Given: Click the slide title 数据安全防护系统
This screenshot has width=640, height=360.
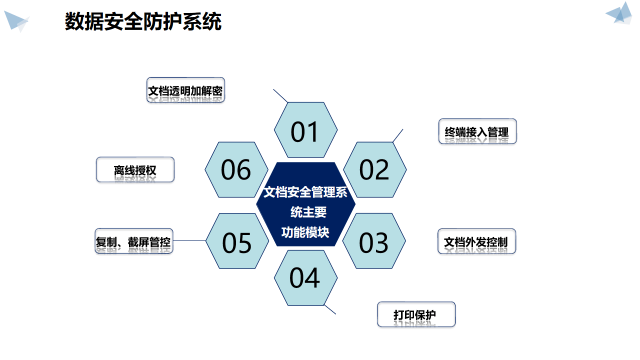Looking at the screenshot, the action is pyautogui.click(x=143, y=22).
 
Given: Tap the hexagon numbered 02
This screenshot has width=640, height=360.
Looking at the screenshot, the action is pyautogui.click(x=374, y=169).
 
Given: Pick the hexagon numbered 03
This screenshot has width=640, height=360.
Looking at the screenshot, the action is pyautogui.click(x=374, y=241).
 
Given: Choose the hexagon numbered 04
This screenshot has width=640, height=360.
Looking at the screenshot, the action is pyautogui.click(x=305, y=278).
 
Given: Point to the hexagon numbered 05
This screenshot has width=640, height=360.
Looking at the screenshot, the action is pyautogui.click(x=237, y=241).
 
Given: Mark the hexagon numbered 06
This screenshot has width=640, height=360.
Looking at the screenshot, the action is pyautogui.click(x=236, y=169).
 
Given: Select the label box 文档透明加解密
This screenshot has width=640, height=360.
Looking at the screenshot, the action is pyautogui.click(x=185, y=90).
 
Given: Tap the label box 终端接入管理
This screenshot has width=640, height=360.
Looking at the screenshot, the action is pyautogui.click(x=477, y=131).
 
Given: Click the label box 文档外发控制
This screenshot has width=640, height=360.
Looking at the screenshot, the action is pyautogui.click(x=476, y=241).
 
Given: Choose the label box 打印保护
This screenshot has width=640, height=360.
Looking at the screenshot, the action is pyautogui.click(x=416, y=314).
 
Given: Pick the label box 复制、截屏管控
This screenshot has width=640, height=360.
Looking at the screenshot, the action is pyautogui.click(x=134, y=241).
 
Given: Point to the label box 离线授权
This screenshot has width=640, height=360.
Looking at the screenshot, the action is pyautogui.click(x=135, y=169).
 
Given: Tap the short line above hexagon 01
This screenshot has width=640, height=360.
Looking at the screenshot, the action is pyautogui.click(x=280, y=95).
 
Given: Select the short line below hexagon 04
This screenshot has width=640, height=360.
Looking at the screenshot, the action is pyautogui.click(x=330, y=309).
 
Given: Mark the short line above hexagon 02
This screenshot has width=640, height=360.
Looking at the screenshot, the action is pyautogui.click(x=398, y=135).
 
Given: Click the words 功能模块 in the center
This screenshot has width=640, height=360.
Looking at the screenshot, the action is pyautogui.click(x=305, y=232).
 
